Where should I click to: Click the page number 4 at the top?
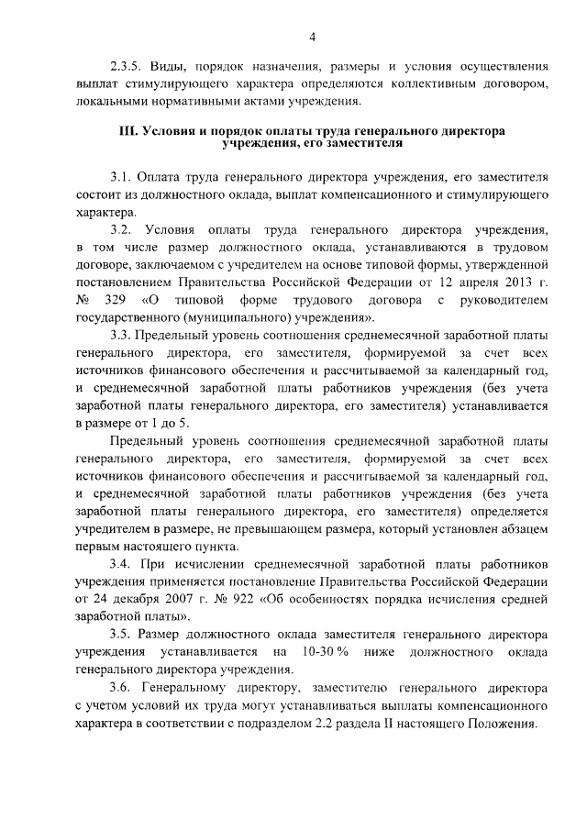(311, 38)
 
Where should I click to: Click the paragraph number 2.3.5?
(127, 66)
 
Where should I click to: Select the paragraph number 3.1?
(121, 176)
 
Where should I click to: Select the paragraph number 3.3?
(121, 334)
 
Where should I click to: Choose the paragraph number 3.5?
(121, 633)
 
